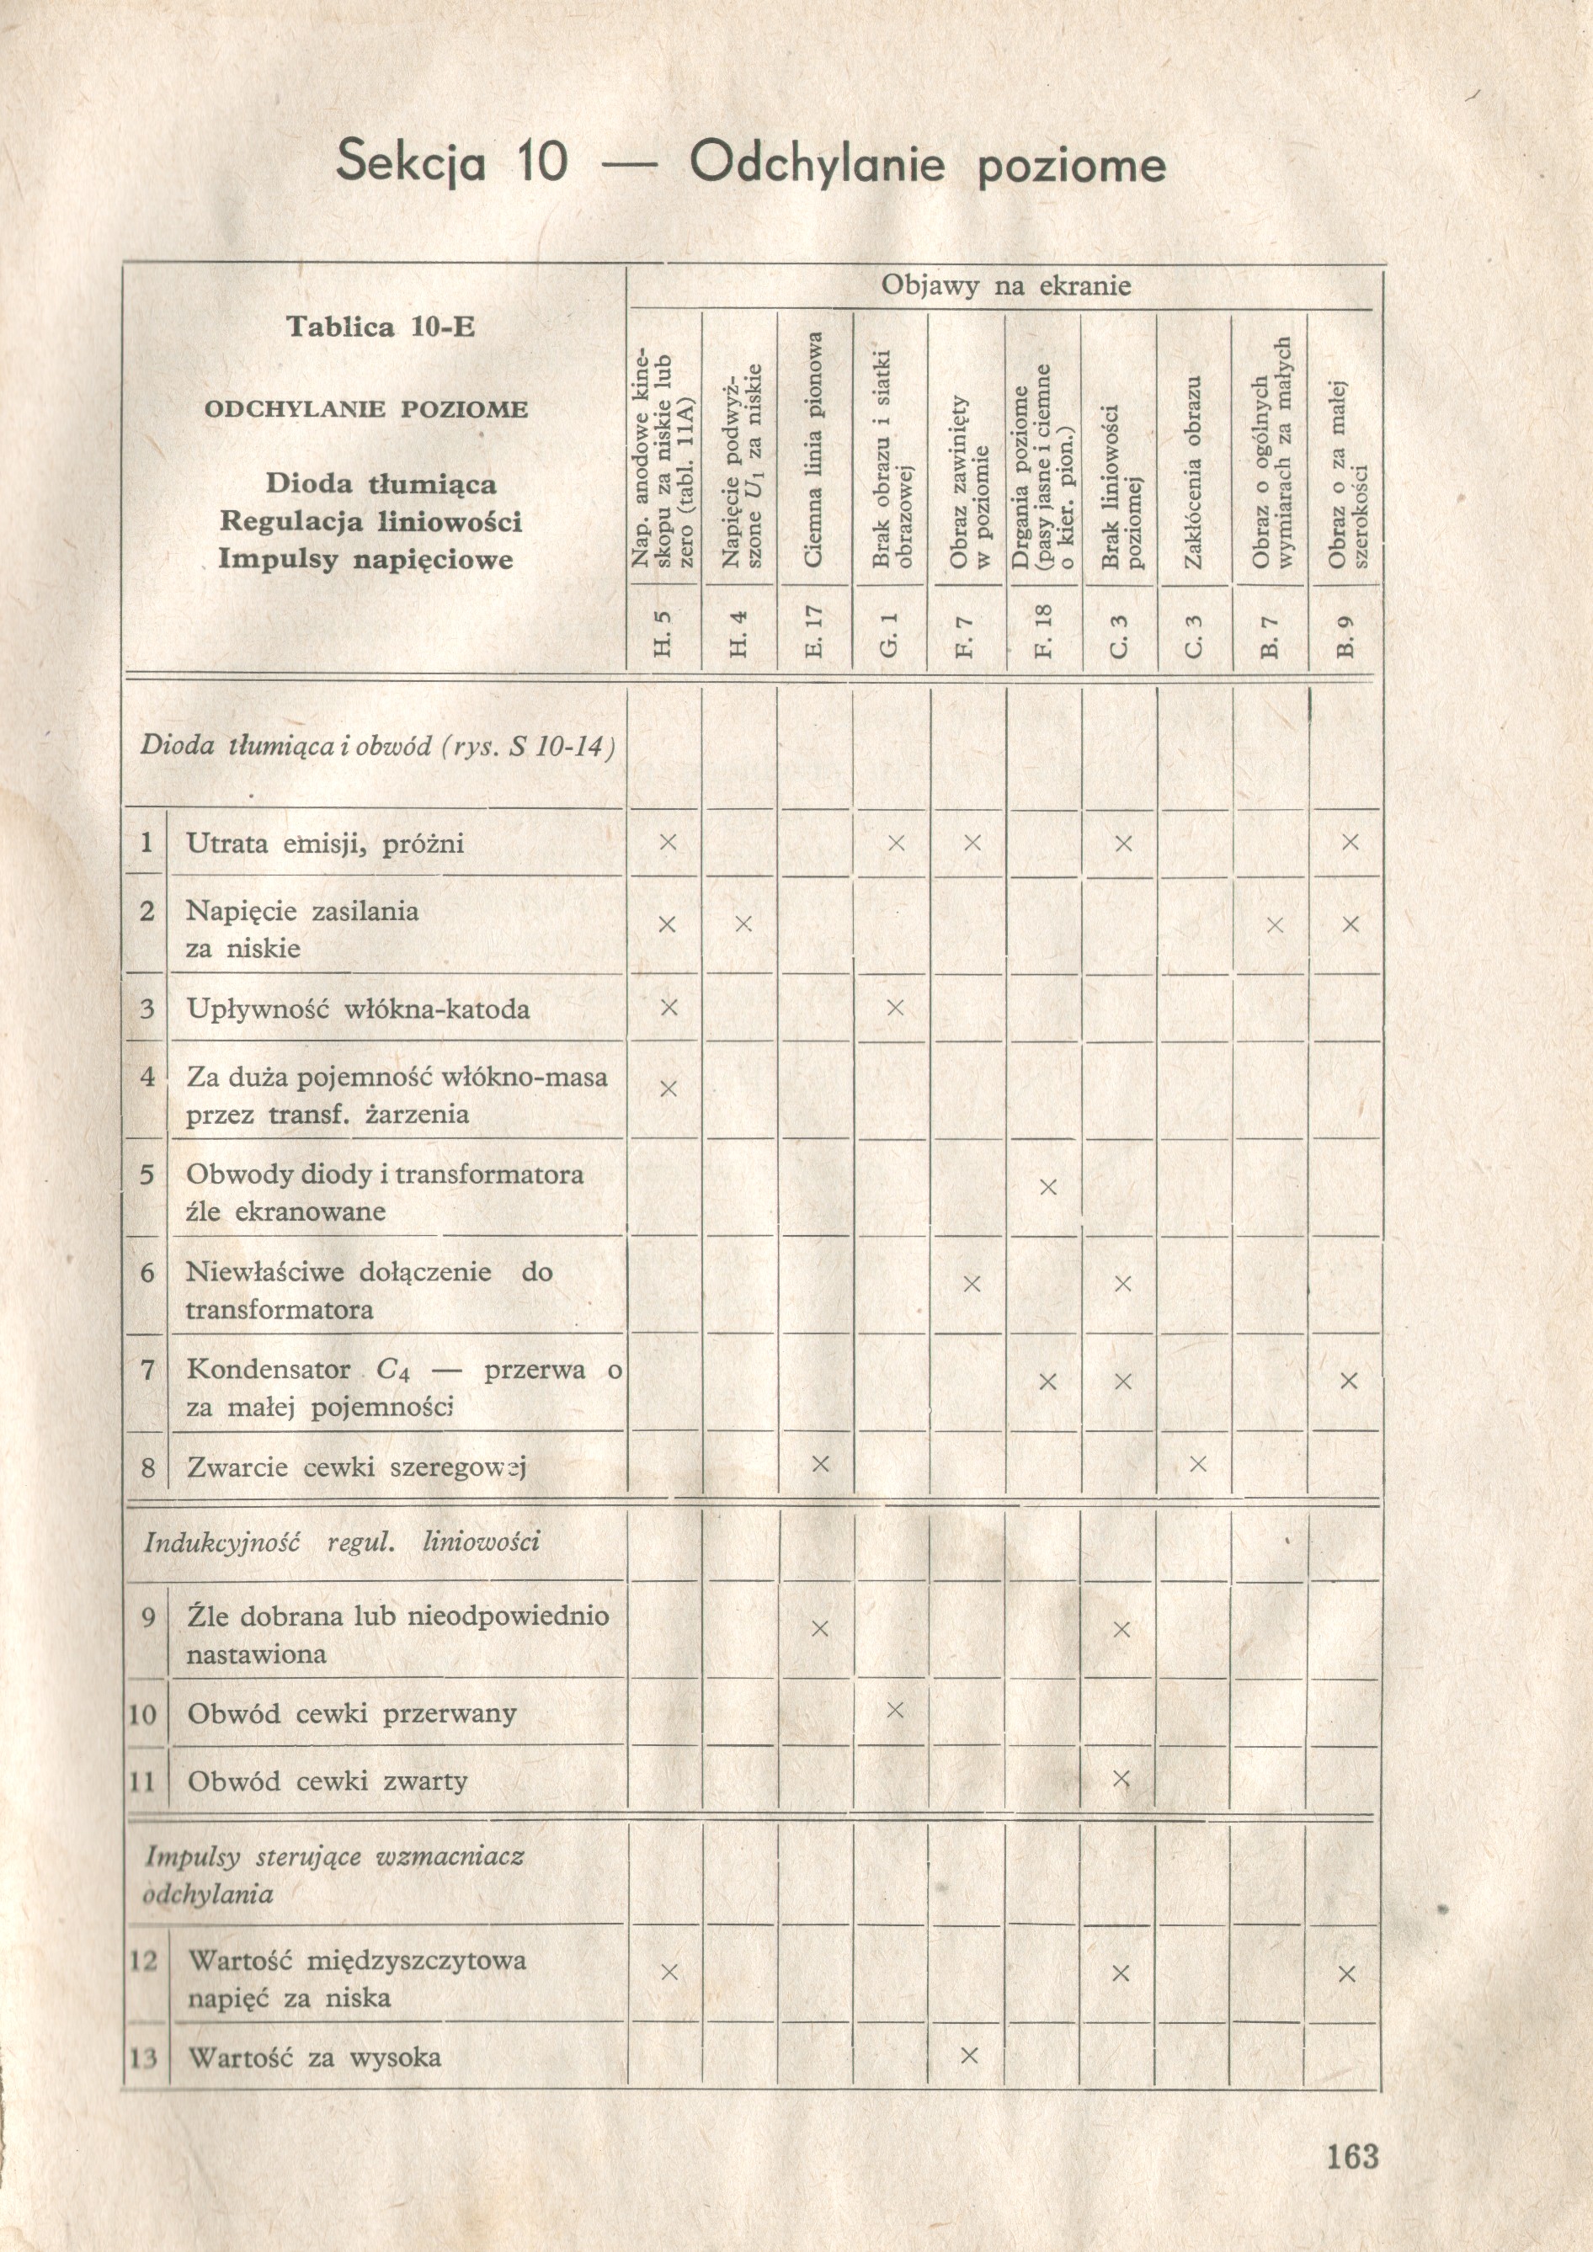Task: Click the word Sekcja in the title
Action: coord(410,162)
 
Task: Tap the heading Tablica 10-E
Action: coord(380,327)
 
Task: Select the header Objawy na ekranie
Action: coord(1005,286)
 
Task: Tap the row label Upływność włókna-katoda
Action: coord(358,1009)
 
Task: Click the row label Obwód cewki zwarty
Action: coord(328,1781)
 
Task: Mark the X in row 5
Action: coord(1047,1188)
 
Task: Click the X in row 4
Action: coord(668,1088)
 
